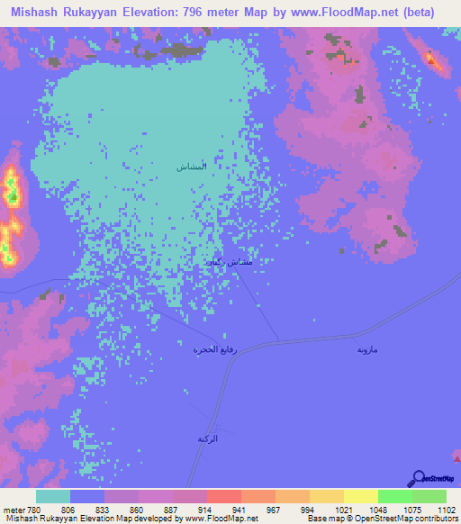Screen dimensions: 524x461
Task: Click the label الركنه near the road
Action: [x=209, y=438]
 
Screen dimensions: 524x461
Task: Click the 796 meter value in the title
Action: [x=208, y=12]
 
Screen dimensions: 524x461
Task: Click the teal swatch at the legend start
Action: [x=53, y=496]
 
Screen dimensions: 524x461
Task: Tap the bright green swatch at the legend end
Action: [x=429, y=496]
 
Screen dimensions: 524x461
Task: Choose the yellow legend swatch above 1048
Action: [x=360, y=496]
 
